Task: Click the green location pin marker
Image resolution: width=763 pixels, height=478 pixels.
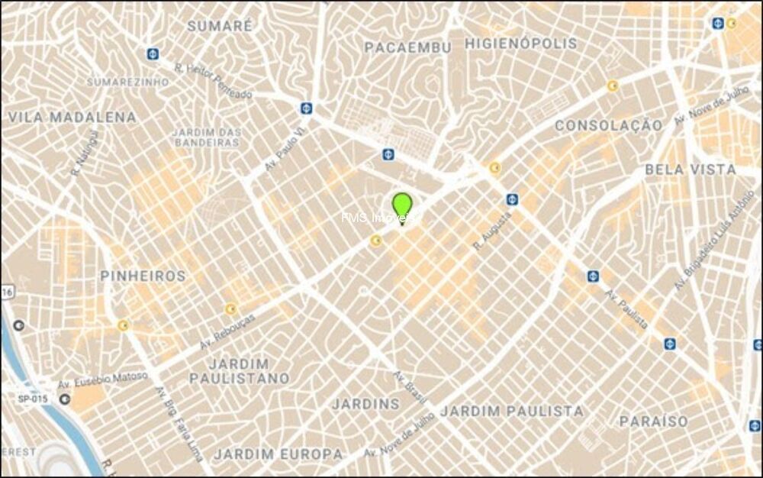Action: (402, 206)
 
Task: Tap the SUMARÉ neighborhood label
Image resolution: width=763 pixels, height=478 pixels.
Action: (220, 25)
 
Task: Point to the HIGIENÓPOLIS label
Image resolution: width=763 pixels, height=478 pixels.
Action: (521, 44)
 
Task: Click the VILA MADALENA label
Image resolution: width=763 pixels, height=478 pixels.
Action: (72, 118)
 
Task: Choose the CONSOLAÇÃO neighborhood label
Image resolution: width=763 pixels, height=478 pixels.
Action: (608, 125)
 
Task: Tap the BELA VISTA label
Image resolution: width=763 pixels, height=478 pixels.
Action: (691, 170)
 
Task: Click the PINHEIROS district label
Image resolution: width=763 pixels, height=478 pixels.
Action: (143, 276)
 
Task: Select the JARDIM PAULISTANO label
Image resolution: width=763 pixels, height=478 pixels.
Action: (240, 371)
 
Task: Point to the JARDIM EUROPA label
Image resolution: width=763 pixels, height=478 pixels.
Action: (278, 454)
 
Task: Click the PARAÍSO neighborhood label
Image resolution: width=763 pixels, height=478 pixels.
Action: (653, 421)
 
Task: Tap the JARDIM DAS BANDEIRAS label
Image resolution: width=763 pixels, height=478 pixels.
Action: (208, 137)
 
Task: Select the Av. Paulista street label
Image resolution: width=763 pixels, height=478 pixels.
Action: (627, 309)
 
